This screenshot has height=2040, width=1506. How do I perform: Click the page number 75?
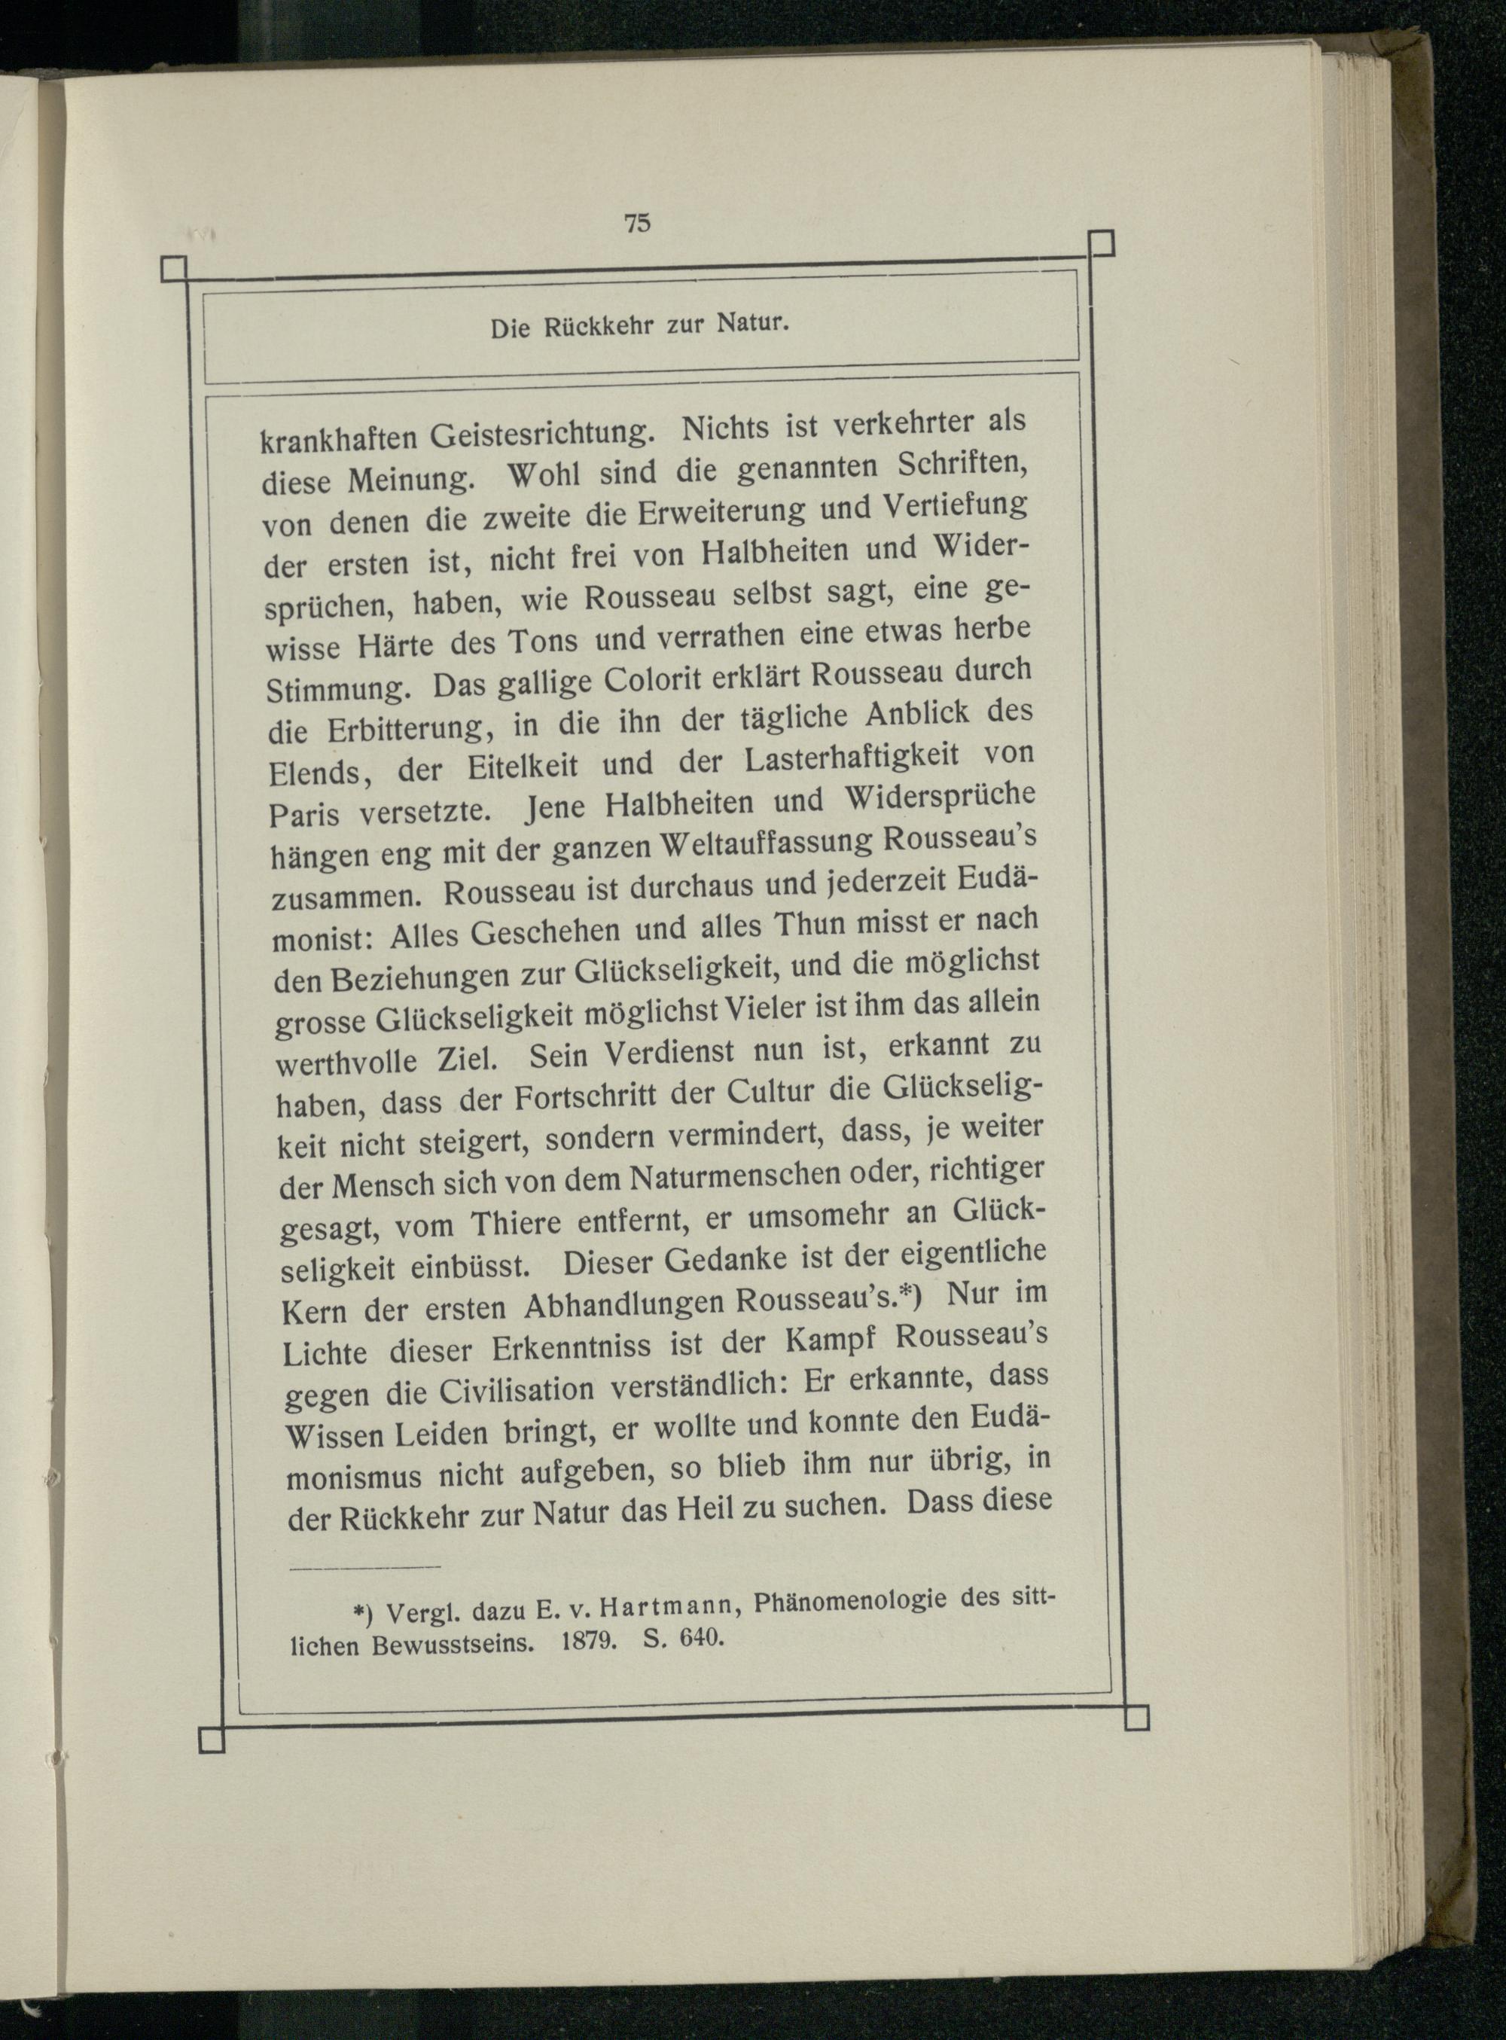tap(636, 224)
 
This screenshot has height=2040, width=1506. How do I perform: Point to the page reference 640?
tap(697, 1641)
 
